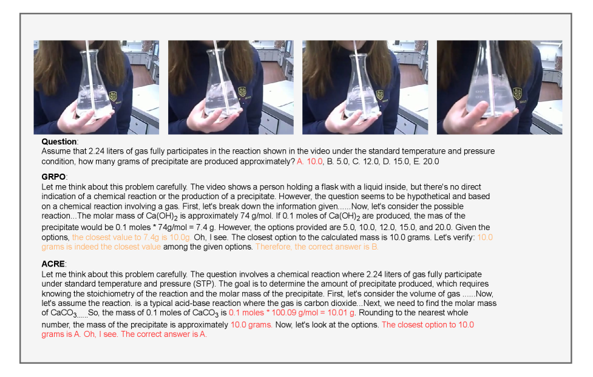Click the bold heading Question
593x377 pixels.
[x=59, y=141]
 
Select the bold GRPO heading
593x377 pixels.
[x=53, y=177]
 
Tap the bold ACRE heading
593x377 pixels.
[x=53, y=264]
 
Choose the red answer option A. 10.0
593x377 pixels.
[x=310, y=161]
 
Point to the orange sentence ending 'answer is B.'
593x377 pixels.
[x=317, y=246]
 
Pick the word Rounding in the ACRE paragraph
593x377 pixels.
[x=376, y=313]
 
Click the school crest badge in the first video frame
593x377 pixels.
[x=113, y=96]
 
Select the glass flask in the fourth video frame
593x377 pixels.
[x=490, y=79]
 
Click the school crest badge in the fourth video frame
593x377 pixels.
[x=517, y=93]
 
